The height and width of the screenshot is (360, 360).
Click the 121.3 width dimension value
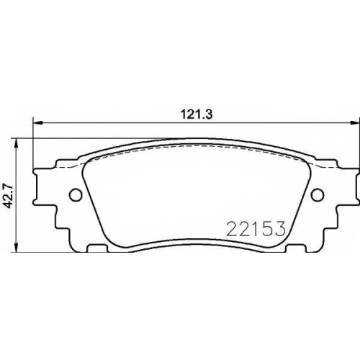point(197,114)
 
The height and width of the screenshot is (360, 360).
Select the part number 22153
point(256,228)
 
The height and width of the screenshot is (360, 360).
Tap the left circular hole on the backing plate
point(76,194)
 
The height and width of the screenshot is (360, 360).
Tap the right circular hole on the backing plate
point(318,194)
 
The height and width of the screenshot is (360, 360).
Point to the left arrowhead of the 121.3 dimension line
point(37,123)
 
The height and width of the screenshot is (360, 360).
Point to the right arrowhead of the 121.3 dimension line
point(355,123)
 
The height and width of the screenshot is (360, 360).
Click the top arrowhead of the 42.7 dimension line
point(16,143)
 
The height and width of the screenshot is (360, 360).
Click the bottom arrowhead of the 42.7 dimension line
point(16,247)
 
